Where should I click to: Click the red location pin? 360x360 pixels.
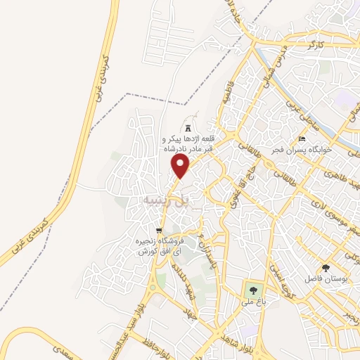point(181,166)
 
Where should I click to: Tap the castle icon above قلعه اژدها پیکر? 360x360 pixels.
point(188,127)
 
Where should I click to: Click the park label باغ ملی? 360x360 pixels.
point(252,302)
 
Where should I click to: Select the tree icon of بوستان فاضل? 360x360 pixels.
point(325,268)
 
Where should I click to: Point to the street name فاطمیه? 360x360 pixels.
point(227,94)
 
